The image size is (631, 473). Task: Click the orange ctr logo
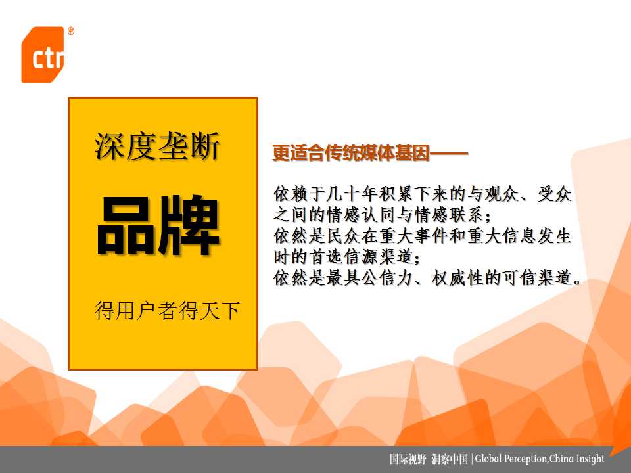click(x=43, y=55)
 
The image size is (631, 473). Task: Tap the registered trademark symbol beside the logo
click(x=71, y=31)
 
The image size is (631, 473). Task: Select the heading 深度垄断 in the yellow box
click(x=157, y=146)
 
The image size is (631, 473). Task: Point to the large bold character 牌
click(x=189, y=225)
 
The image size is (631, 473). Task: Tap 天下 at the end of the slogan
click(x=220, y=310)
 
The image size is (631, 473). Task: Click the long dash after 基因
click(x=449, y=153)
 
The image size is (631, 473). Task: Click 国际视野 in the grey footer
click(x=408, y=459)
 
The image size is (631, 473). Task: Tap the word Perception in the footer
click(x=525, y=459)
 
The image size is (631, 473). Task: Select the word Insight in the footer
click(x=590, y=459)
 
